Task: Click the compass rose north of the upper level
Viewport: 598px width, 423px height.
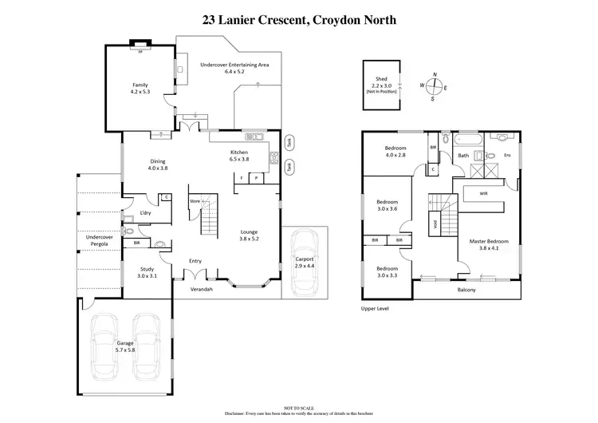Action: point(435,86)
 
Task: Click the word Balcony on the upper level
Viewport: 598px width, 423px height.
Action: point(466,290)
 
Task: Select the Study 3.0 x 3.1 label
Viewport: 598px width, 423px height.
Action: point(146,272)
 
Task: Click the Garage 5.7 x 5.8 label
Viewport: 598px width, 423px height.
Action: point(124,346)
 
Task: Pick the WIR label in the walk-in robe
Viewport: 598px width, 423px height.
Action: point(483,193)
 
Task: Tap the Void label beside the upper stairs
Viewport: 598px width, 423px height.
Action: point(435,224)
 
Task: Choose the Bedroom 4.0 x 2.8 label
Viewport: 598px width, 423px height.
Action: point(396,152)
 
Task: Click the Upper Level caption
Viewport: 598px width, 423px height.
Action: point(373,307)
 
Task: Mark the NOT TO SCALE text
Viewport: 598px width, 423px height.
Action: point(298,407)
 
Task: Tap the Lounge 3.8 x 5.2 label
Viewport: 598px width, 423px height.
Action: point(250,235)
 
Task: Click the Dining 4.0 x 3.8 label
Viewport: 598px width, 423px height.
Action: point(158,165)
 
